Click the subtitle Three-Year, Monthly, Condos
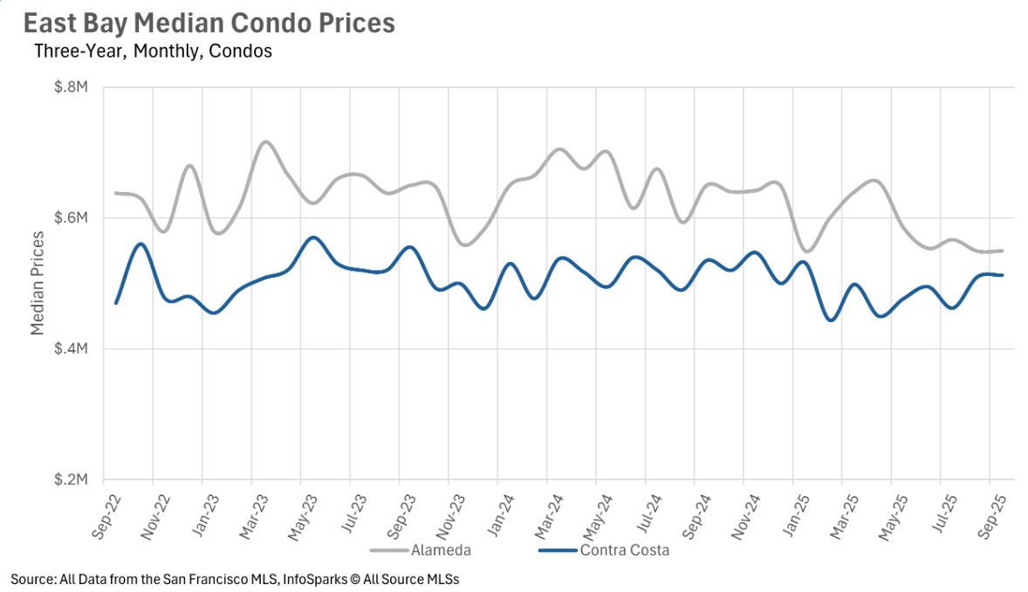click(x=153, y=52)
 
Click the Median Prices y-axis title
click(x=38, y=284)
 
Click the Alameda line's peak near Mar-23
click(x=265, y=141)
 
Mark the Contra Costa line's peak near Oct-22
click(x=140, y=244)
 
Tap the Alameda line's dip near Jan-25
click(x=806, y=251)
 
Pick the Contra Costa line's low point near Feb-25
click(x=831, y=320)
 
